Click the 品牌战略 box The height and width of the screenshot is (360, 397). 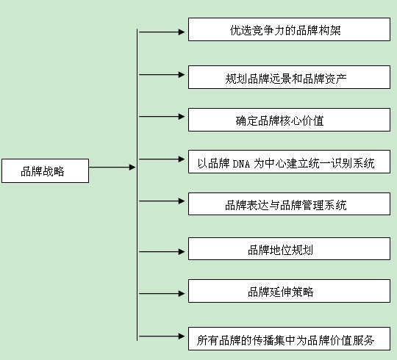coord(45,170)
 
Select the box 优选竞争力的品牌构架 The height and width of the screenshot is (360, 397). coord(289,29)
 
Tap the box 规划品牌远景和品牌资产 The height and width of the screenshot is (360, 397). coord(289,77)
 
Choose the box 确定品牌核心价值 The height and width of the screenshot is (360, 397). coord(289,120)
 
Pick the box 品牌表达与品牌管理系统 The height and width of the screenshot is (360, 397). coord(289,204)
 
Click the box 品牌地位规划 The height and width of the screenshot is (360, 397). coord(289,248)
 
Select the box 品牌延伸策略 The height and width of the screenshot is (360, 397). coord(289,291)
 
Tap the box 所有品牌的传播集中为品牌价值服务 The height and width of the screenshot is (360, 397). coord(289,339)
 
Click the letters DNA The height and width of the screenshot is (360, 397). coord(241,164)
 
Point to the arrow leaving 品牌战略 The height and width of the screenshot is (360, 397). coord(112,168)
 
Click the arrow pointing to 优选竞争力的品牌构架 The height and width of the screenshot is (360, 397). coord(162,32)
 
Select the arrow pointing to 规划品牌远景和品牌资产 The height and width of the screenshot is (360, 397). coord(162,75)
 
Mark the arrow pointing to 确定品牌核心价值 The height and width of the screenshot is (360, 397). coord(162,117)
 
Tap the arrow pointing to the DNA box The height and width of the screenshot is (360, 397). coord(162,159)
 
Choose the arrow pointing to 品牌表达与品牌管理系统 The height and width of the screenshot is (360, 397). coord(162,201)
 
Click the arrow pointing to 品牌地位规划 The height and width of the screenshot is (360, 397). coord(162,252)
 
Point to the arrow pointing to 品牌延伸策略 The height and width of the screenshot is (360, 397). coord(162,294)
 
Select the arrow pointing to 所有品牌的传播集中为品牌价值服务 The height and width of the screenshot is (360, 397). coord(162,336)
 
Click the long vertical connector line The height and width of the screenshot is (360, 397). coord(137,184)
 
